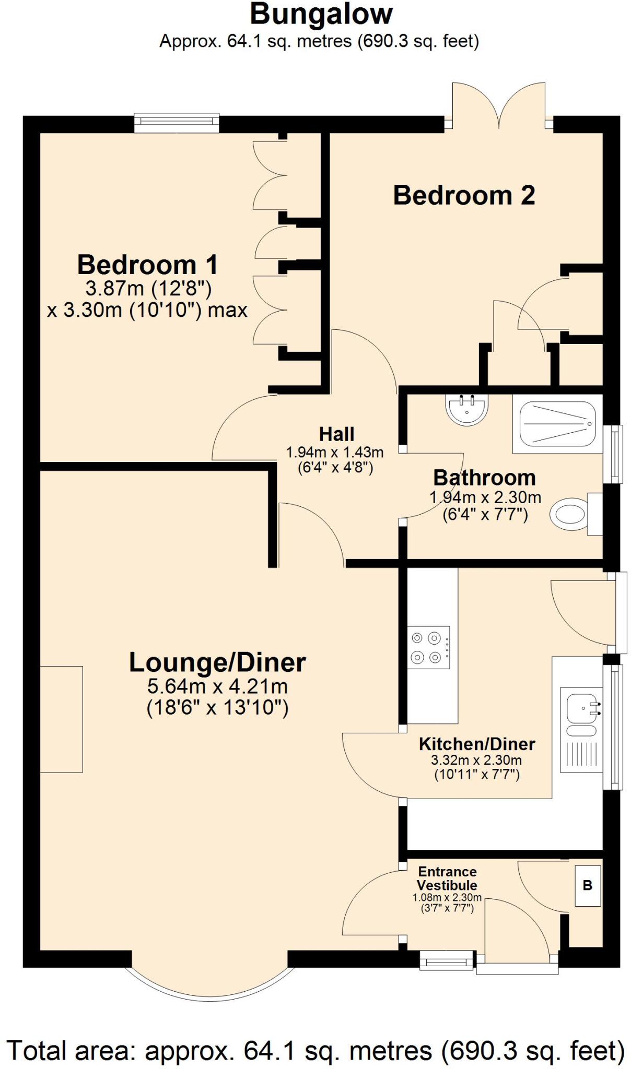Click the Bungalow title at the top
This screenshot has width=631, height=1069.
(x=321, y=15)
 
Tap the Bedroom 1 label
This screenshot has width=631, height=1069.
(x=147, y=265)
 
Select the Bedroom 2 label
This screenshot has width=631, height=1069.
(x=464, y=195)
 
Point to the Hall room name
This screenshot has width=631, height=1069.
(x=336, y=434)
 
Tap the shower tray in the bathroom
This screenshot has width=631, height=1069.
(x=557, y=424)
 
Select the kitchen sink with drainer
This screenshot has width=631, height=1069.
(x=581, y=729)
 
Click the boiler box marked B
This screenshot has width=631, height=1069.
(x=587, y=886)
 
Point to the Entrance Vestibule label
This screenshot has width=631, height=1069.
(x=447, y=878)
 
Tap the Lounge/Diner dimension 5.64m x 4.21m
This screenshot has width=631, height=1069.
(x=218, y=686)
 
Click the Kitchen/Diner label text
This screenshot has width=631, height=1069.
(x=477, y=744)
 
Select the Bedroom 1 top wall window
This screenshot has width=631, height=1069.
(x=177, y=122)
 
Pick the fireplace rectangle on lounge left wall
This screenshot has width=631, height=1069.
(x=62, y=719)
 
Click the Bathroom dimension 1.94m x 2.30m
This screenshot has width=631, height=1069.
(x=485, y=497)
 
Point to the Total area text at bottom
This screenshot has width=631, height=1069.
(x=315, y=1050)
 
